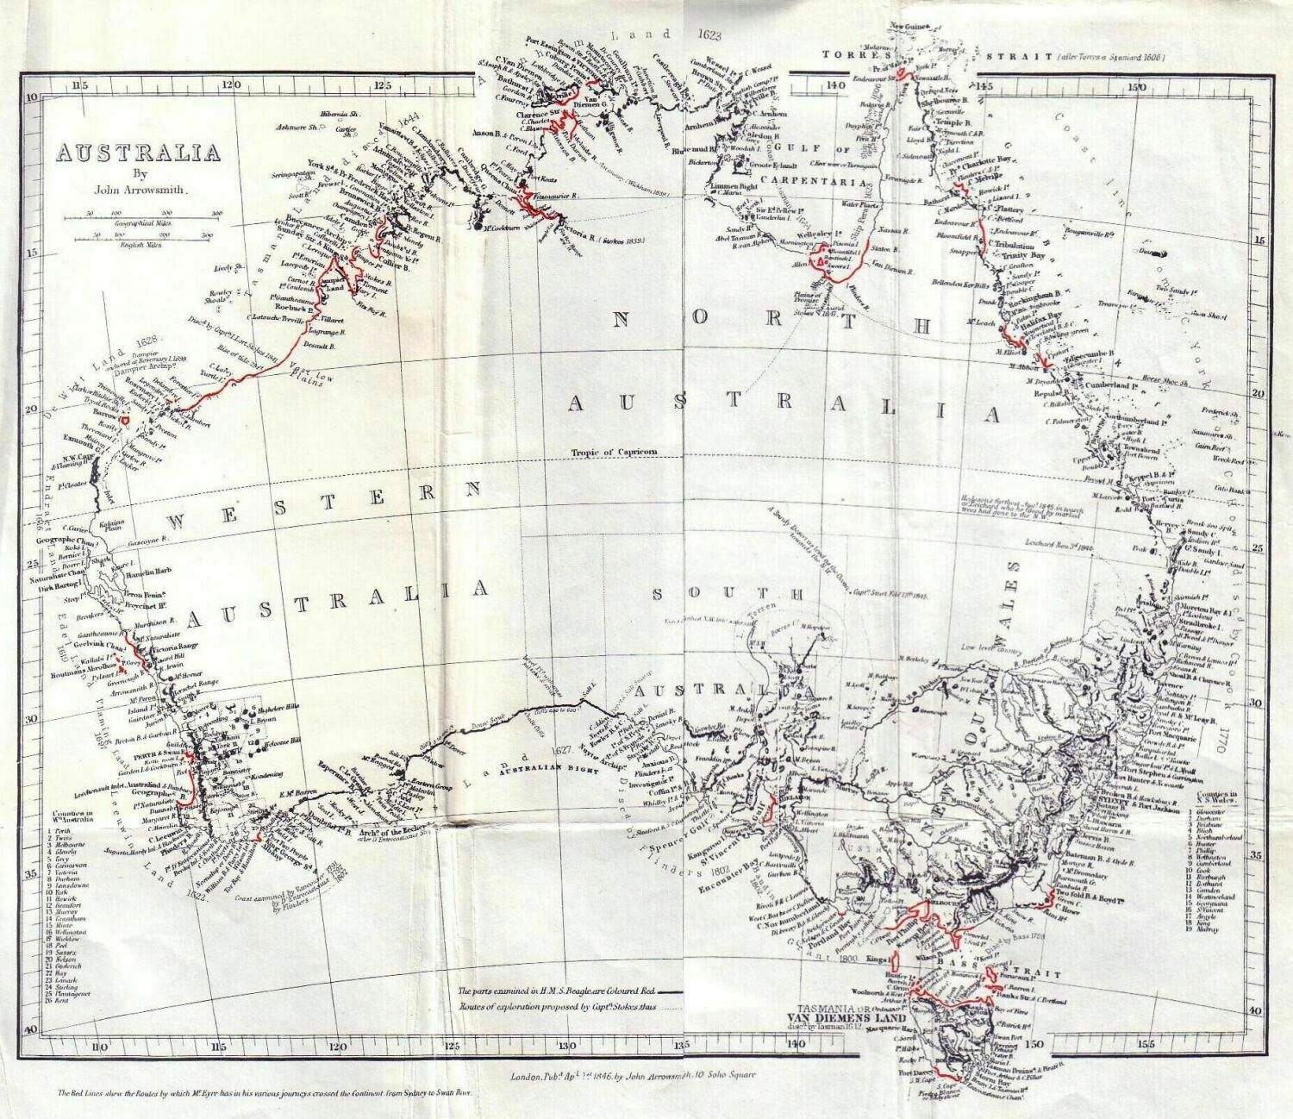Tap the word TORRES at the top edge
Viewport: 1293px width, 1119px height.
[851, 55]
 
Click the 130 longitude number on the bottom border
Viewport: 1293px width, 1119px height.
[564, 1045]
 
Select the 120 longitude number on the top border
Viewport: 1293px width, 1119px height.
[230, 85]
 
